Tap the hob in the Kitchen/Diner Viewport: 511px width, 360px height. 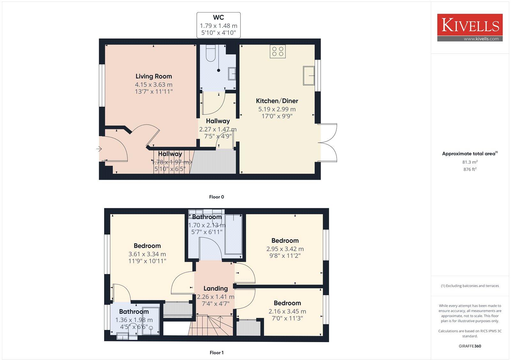pos(278,52)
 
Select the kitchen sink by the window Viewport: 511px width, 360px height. pos(309,76)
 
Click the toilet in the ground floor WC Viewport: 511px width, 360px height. pos(211,53)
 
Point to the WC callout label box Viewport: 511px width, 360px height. pos(218,25)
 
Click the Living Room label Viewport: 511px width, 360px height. pos(154,76)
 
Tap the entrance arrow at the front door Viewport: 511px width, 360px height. pos(99,149)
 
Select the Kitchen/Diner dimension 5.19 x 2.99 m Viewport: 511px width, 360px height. pos(277,109)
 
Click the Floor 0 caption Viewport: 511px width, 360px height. pos(217,197)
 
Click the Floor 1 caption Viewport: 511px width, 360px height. pos(217,353)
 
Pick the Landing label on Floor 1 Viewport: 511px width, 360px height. pos(216,289)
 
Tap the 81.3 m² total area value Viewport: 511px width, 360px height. pos(470,162)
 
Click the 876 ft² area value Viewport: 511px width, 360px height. pos(470,169)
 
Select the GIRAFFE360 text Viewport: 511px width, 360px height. pos(470,346)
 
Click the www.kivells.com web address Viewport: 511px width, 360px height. pos(481,39)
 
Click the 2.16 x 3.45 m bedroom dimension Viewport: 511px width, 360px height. pos(287,311)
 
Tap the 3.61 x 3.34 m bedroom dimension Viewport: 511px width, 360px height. pos(147,254)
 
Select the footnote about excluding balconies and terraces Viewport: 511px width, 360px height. pos(470,286)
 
